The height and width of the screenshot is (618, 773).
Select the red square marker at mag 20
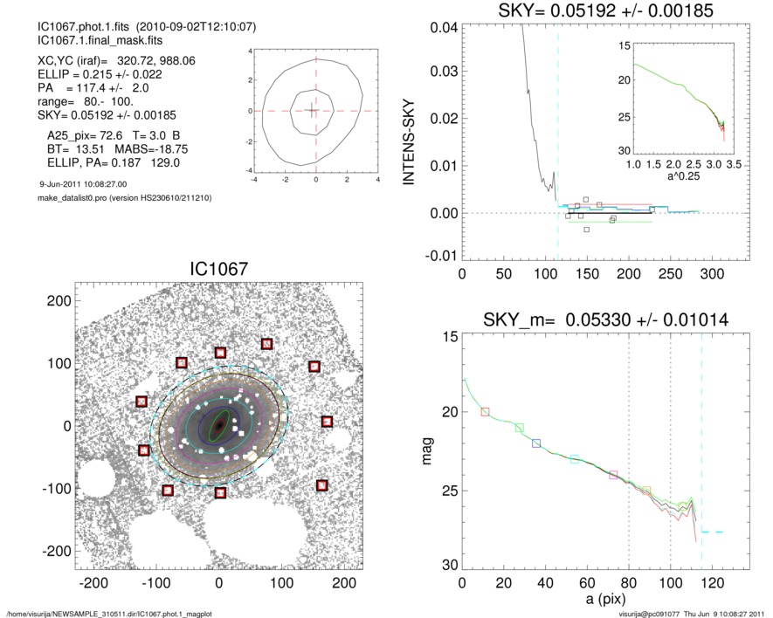tap(486, 411)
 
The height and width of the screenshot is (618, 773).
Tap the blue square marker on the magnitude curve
tap(536, 443)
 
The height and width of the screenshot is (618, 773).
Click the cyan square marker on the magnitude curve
tap(575, 459)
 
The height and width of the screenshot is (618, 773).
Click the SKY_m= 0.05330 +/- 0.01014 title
tap(605, 321)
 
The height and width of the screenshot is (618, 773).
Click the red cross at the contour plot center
tap(315, 111)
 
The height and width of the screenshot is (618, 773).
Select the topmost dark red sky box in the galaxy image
tap(266, 344)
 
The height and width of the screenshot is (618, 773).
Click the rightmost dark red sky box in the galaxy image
tap(327, 422)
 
